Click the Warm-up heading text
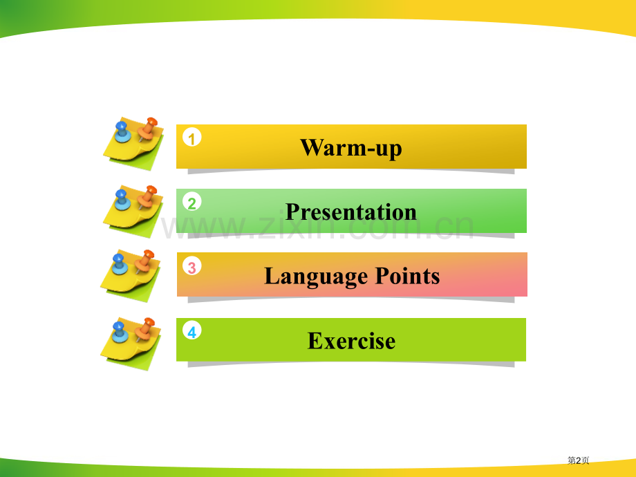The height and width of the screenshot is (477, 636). [350, 147]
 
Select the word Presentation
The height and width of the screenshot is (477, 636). [350, 212]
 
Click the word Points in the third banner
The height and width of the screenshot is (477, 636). [407, 276]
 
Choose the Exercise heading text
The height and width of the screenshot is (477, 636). [351, 341]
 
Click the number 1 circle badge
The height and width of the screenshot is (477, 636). [192, 138]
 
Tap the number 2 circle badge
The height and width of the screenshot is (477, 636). [192, 203]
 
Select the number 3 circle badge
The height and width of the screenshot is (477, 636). [192, 267]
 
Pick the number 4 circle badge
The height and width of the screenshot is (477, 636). [192, 332]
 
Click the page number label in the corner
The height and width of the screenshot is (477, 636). [578, 460]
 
